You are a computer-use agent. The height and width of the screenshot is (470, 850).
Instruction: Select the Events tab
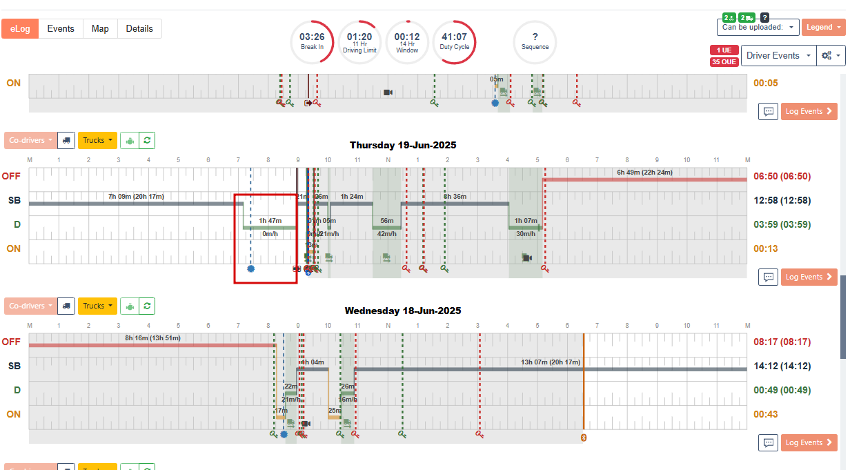click(x=61, y=29)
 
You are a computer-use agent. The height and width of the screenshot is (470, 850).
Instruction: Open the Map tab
click(x=100, y=29)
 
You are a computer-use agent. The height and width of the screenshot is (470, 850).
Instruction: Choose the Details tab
click(x=139, y=29)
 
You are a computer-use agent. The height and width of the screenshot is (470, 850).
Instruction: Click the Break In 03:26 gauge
click(x=312, y=41)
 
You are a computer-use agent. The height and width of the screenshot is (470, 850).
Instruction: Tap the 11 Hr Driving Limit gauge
click(x=359, y=41)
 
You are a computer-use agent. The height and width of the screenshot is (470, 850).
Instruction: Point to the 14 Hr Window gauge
click(x=407, y=41)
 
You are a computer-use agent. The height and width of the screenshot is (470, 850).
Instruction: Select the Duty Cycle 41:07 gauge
click(x=454, y=41)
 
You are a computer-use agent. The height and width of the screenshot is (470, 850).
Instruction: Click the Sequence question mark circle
click(x=535, y=41)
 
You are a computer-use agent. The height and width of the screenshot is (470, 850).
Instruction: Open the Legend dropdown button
click(x=823, y=28)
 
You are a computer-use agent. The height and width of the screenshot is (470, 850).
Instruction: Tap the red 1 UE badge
click(x=724, y=50)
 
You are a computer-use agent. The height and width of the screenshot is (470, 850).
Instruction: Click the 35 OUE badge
click(x=724, y=62)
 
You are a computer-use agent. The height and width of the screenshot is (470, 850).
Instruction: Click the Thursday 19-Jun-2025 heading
click(x=402, y=145)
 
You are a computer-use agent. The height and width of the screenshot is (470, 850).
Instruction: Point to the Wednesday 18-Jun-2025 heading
click(x=403, y=311)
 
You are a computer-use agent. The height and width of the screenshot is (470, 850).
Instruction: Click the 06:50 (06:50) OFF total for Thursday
click(x=782, y=176)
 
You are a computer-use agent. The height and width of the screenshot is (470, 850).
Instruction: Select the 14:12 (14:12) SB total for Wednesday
click(x=782, y=366)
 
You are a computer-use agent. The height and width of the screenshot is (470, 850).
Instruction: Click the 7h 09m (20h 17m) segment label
click(x=136, y=197)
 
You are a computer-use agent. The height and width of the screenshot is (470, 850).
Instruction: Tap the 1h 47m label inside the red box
click(x=270, y=221)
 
